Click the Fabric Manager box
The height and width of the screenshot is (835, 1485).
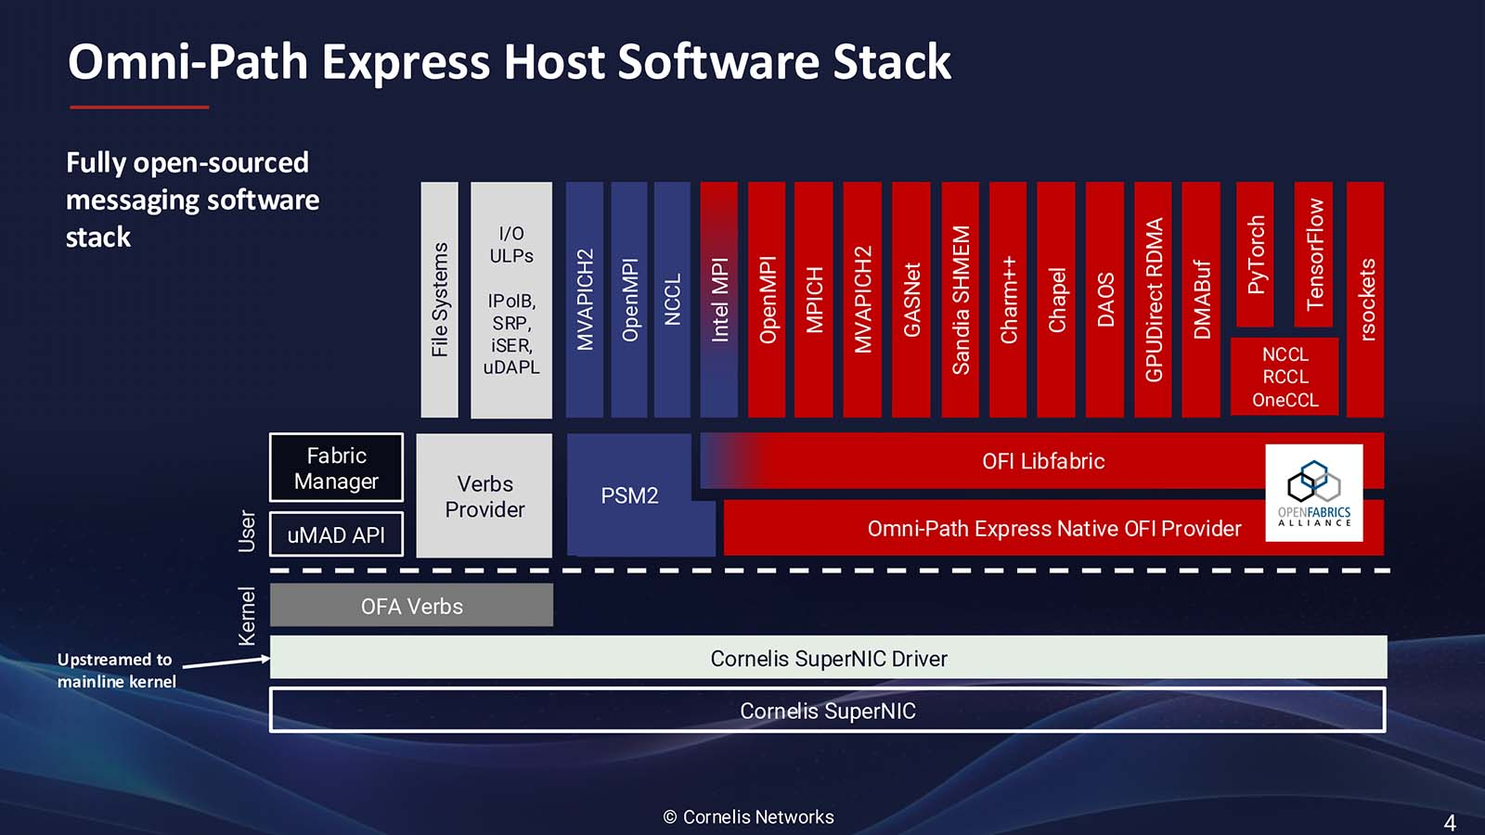[x=336, y=468]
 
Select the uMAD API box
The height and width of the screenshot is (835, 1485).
[x=336, y=534]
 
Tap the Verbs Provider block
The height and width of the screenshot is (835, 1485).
[x=484, y=495]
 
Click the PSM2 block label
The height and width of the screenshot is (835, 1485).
[x=629, y=495]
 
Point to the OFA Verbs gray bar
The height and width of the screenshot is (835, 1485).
[x=412, y=605]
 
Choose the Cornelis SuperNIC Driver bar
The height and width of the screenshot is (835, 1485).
[x=829, y=658]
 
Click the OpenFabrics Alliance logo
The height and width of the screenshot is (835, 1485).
[x=1314, y=493]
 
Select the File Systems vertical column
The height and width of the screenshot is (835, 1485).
[x=440, y=300]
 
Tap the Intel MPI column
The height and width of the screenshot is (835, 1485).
[x=719, y=300]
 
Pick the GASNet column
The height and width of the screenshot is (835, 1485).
[x=911, y=300]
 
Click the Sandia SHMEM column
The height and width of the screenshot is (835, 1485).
[x=961, y=300]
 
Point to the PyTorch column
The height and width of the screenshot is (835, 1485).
[x=1255, y=254]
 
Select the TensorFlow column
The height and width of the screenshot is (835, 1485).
[x=1313, y=254]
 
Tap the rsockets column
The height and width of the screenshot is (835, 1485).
[x=1365, y=300]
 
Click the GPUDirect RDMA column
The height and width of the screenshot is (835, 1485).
[x=1154, y=300]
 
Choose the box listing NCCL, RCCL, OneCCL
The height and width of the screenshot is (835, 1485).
[x=1285, y=377]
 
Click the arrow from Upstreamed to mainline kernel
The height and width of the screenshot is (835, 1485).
[x=226, y=662]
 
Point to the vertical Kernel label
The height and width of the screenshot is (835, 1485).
[x=246, y=616]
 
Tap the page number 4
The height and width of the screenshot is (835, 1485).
[x=1450, y=823]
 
